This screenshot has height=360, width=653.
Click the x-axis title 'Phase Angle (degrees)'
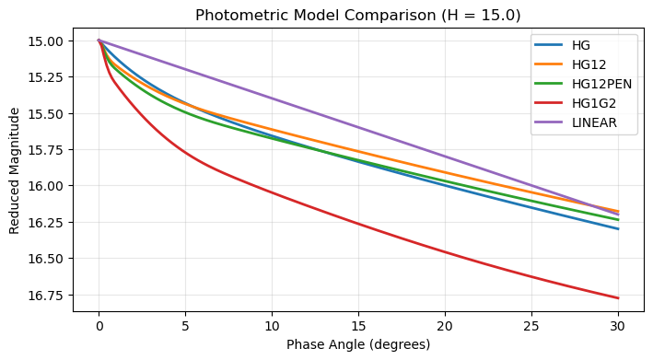click(358, 344)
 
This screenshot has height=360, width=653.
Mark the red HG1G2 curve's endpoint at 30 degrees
click(618, 298)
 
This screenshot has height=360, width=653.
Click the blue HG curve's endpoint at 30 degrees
click(618, 229)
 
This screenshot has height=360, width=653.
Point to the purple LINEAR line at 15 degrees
click(358, 127)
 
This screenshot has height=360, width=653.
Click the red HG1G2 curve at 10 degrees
click(272, 192)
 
